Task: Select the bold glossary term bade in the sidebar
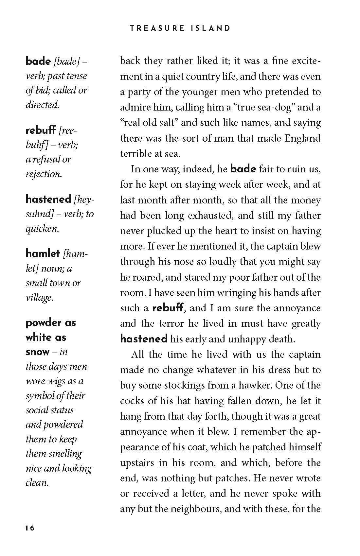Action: coord(38,61)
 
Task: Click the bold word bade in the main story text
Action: coord(243,169)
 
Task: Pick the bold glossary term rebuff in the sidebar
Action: coord(41,130)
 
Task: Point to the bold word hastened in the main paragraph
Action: coord(144,339)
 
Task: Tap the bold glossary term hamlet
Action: coord(43,253)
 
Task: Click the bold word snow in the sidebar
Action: coord(37,352)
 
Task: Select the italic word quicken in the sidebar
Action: coord(42,228)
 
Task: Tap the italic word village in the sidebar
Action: coord(39,298)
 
